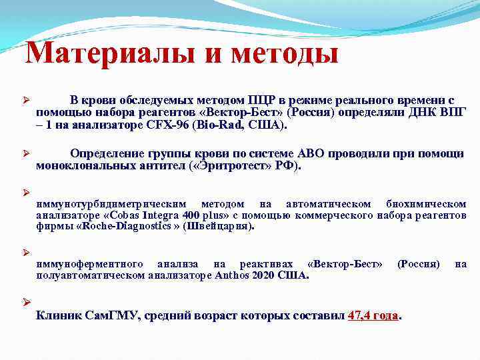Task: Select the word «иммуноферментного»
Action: [x=92, y=264]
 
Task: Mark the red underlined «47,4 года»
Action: [x=373, y=315]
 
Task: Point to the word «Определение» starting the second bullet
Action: [x=107, y=154]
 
